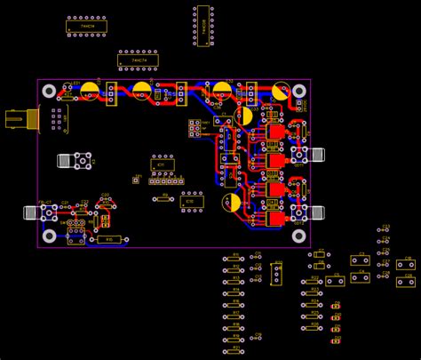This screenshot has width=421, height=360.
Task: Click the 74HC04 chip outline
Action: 87,28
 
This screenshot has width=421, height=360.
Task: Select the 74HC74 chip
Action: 138,61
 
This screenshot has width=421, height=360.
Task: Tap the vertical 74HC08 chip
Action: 203,26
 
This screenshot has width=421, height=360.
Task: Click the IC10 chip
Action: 191,202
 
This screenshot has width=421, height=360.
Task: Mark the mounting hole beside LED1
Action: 50,91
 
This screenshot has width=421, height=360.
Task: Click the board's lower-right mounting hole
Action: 298,236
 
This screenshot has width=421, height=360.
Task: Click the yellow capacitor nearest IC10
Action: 231,204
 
